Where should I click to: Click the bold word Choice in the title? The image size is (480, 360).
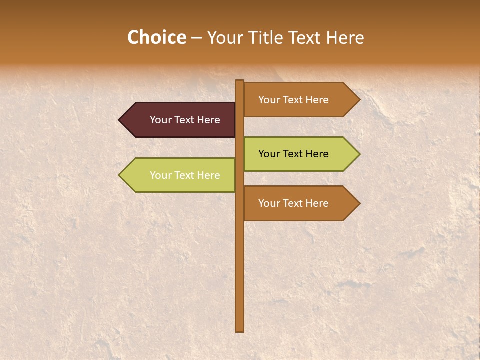coord(156,37)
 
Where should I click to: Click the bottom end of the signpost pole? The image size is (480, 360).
coord(239,329)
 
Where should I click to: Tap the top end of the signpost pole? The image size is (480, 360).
coord(239,82)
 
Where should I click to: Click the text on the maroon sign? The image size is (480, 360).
coord(185,120)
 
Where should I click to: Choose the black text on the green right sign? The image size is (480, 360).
coord(293,154)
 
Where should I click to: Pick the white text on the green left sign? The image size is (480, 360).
coord(185,175)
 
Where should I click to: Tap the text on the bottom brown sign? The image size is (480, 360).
coord(293,203)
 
